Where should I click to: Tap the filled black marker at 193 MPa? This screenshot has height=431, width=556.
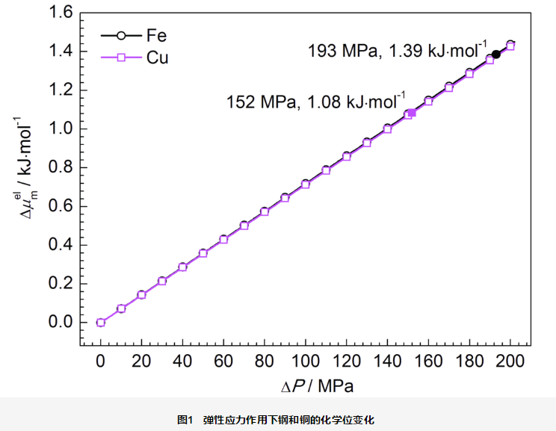496,55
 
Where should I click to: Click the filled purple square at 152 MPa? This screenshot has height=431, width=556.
412,112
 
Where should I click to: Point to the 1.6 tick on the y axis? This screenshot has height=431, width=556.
61,13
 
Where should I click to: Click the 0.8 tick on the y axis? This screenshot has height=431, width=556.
61,167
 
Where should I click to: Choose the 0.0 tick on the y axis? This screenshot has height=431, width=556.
61,323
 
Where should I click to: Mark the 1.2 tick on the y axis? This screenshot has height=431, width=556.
61,90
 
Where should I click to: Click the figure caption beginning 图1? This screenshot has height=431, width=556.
277,419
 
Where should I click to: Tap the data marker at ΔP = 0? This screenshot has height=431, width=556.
101,323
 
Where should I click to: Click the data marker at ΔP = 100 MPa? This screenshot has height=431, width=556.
305,185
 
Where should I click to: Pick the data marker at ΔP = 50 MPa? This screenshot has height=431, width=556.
203,253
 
